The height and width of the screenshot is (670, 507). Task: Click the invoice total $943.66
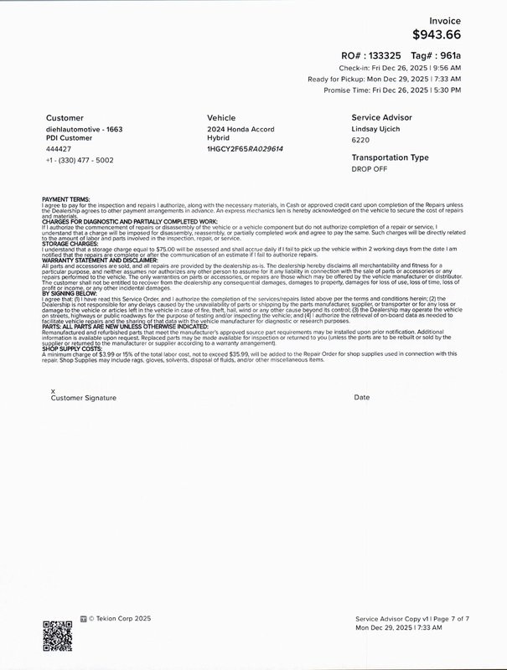coord(448,35)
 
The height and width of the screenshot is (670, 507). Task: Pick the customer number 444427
coord(59,148)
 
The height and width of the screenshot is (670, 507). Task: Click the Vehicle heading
coord(221,118)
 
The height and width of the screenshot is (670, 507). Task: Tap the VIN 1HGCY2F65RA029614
coord(245,148)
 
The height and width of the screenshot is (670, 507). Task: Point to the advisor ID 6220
coord(361,141)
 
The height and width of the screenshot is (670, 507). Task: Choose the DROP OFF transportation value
coord(370,168)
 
